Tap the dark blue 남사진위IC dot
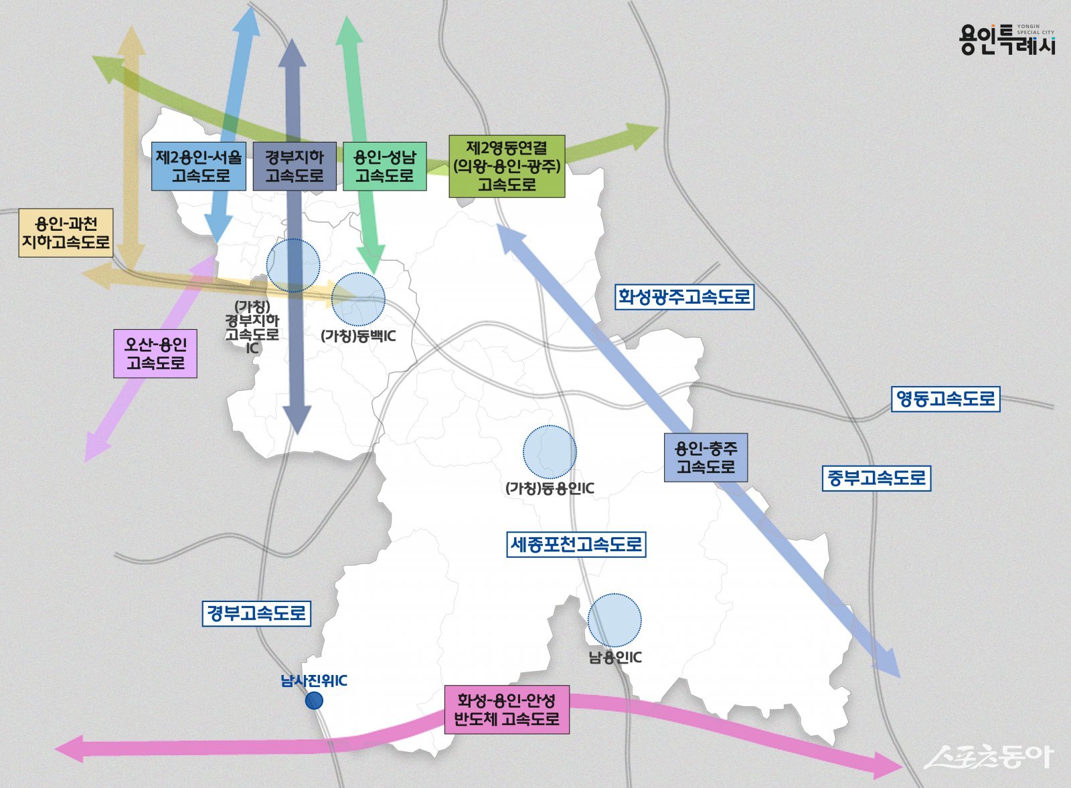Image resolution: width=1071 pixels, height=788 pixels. pyautogui.click(x=314, y=700)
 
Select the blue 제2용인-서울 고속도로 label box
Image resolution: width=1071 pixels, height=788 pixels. pyautogui.click(x=199, y=167)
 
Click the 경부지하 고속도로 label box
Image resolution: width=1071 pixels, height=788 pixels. pyautogui.click(x=295, y=167)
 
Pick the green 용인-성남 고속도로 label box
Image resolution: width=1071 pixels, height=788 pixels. pyautogui.click(x=385, y=167)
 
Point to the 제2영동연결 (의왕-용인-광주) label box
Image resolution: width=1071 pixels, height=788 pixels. pyautogui.click(x=507, y=167)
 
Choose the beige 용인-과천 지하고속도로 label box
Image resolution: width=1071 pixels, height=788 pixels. pyautogui.click(x=66, y=233)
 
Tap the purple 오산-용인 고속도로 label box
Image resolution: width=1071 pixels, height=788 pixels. pyautogui.click(x=155, y=354)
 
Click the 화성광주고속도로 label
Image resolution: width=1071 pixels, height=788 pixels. pyautogui.click(x=684, y=296)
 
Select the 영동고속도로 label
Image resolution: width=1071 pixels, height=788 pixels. pyautogui.click(x=945, y=399)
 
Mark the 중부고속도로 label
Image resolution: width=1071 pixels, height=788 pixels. pyautogui.click(x=876, y=478)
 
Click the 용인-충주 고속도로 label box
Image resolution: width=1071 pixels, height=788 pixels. pyautogui.click(x=706, y=458)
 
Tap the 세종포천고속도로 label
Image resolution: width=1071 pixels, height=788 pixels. pyautogui.click(x=576, y=545)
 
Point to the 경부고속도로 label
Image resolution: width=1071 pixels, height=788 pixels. pyautogui.click(x=256, y=613)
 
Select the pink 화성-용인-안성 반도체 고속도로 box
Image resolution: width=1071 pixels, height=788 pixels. pyautogui.click(x=507, y=710)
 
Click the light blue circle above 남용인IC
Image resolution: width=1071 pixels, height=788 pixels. pyautogui.click(x=614, y=620)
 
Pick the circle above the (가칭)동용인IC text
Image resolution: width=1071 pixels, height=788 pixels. pyautogui.click(x=550, y=452)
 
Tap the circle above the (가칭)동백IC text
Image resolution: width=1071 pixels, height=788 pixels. pyautogui.click(x=358, y=299)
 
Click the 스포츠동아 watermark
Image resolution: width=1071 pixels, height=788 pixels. pyautogui.click(x=989, y=757)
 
